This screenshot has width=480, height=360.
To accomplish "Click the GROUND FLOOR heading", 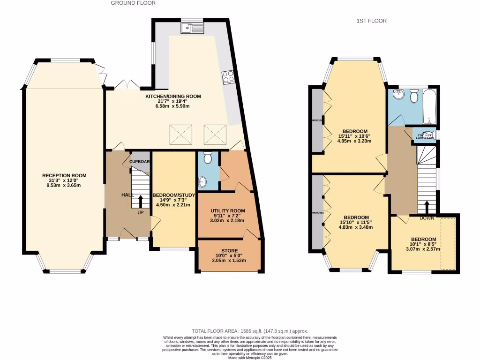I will click(133, 3).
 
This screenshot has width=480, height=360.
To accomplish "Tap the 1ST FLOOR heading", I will click(371, 21).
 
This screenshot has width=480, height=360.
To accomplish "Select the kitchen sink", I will click(192, 29).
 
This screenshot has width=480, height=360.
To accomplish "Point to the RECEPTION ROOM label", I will click(64, 176).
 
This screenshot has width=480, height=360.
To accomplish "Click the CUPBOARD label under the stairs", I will click(139, 162).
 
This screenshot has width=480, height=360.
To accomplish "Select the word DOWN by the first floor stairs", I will click(426, 218).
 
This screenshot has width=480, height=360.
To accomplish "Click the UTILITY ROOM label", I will click(227, 211).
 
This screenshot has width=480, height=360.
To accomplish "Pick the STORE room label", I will click(229, 251).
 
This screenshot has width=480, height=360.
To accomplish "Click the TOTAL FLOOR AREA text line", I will click(250, 331).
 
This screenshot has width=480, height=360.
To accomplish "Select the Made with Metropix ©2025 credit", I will click(250, 357).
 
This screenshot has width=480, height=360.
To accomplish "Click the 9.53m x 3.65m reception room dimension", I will click(64, 185).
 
